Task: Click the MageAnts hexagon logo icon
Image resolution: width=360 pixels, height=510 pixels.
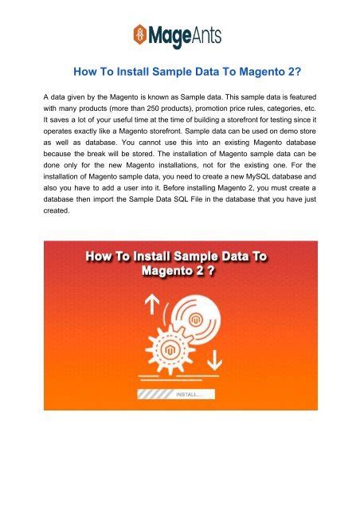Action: (x=141, y=34)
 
